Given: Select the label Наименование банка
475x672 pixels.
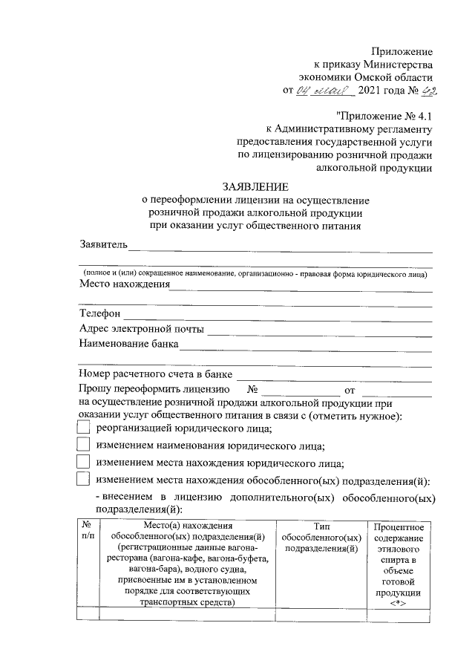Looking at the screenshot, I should click(x=128, y=344).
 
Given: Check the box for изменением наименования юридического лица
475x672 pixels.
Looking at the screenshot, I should click(x=84, y=446).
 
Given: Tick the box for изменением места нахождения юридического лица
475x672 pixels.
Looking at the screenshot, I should click(x=84, y=463).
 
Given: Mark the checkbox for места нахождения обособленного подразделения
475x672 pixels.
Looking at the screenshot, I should click(x=84, y=480).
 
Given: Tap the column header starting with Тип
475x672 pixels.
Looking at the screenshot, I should click(x=321, y=537).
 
